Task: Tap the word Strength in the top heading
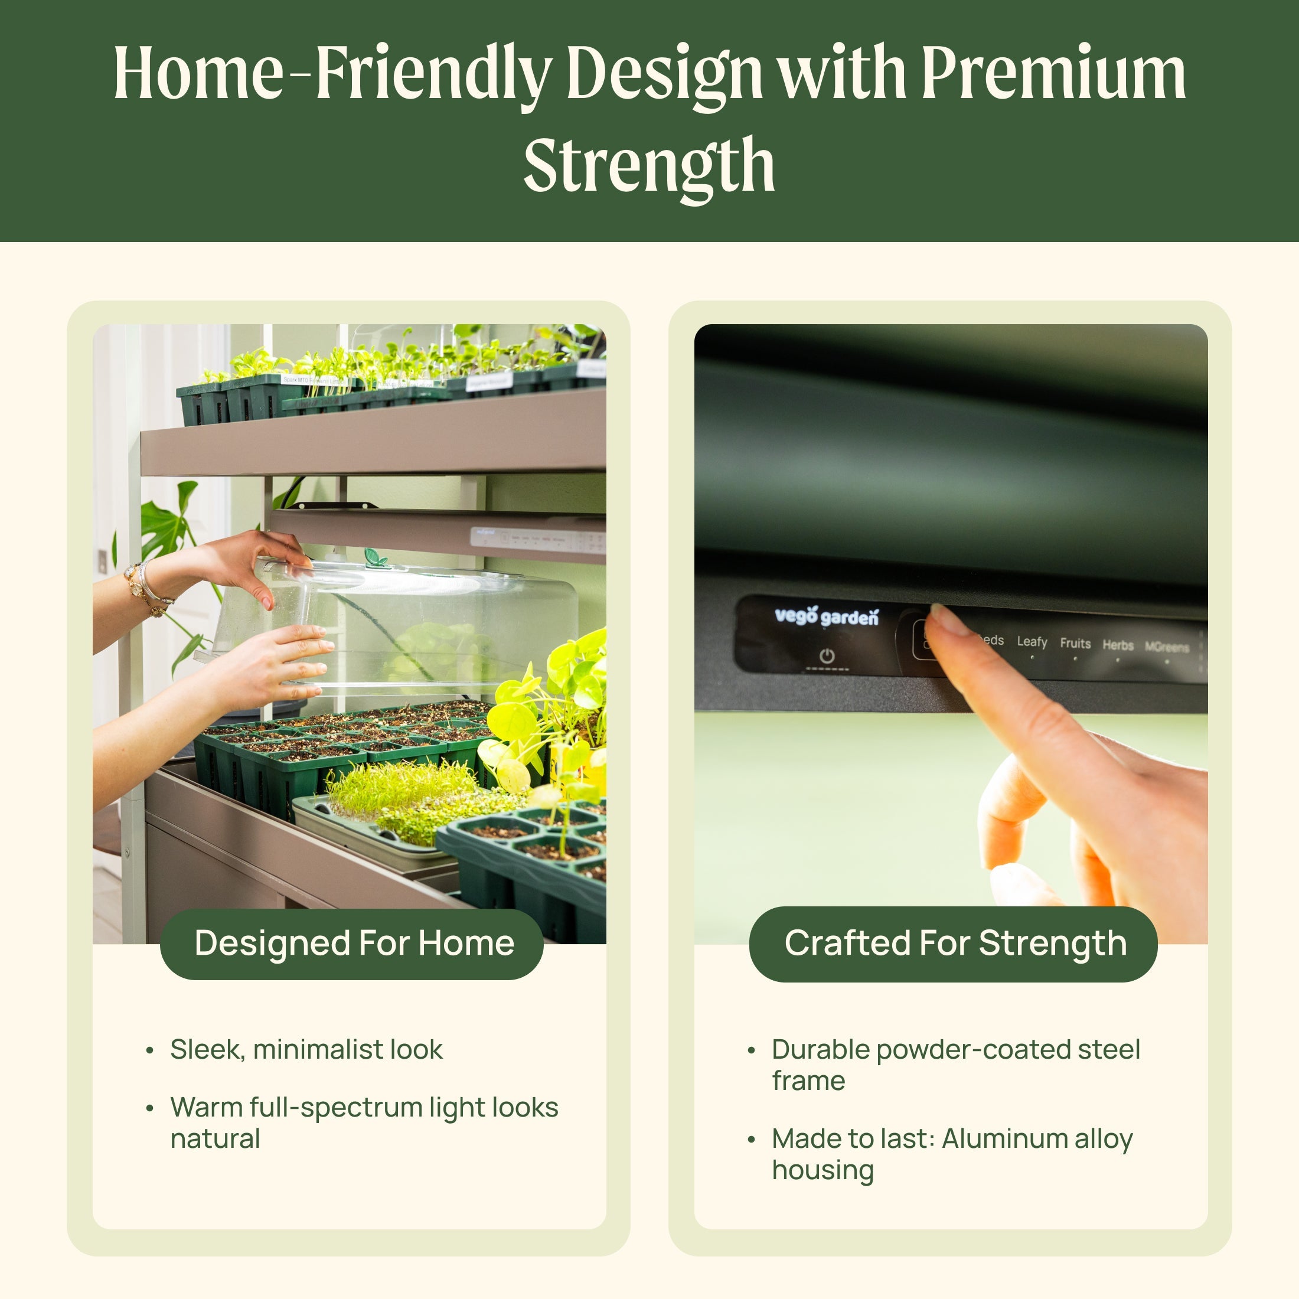coord(649,165)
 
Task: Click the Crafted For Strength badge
coord(954,944)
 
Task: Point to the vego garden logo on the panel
coord(826,616)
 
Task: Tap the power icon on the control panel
coord(827,655)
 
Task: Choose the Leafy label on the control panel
coord(1032,642)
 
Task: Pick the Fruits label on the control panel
coord(1075,644)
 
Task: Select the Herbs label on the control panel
coord(1118,645)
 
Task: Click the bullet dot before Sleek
coord(149,1051)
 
